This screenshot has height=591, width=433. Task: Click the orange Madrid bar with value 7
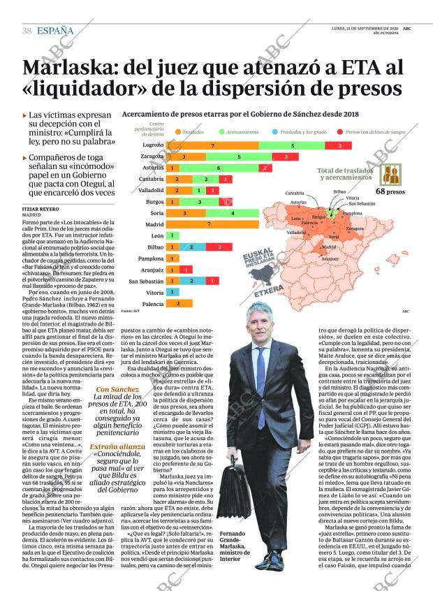(x=210, y=224)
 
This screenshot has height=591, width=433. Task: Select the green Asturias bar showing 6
(x=218, y=168)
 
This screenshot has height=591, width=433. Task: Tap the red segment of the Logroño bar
(x=339, y=145)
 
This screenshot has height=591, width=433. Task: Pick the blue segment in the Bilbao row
(x=191, y=247)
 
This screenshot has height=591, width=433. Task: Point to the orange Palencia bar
(x=179, y=303)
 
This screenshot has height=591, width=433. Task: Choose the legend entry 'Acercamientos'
(x=242, y=131)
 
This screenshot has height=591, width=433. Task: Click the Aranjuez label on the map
(x=330, y=258)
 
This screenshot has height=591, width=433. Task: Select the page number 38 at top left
(x=27, y=31)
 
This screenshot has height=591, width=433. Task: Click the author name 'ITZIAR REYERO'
(x=39, y=209)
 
